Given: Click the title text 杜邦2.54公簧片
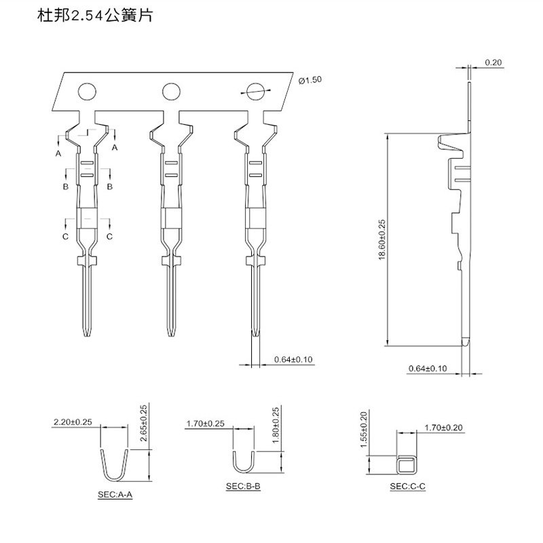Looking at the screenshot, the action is [95, 16].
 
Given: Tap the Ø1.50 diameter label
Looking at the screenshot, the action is [310, 80].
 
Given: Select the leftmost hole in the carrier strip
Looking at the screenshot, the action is [87, 92].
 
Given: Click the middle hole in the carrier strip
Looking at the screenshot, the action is [171, 92].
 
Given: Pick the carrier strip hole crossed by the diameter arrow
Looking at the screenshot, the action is [255, 92].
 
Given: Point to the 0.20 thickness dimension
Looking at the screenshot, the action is [493, 62].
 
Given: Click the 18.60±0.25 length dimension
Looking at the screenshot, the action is [382, 240].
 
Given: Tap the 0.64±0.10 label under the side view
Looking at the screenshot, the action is [428, 368].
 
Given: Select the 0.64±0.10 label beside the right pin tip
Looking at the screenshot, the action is [293, 359].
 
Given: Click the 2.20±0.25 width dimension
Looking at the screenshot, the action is [73, 422].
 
